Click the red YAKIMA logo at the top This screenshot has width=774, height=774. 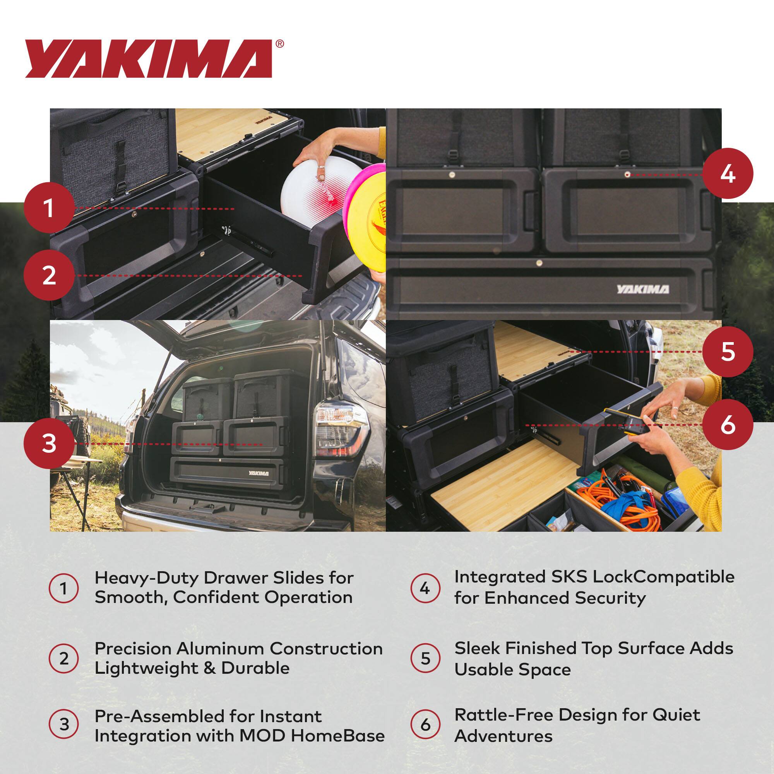[148, 58]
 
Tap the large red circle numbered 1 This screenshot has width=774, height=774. [49, 208]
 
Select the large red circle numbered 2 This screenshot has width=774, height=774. [49, 276]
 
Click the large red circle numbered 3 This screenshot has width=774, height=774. [49, 444]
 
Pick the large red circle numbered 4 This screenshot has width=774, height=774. [728, 174]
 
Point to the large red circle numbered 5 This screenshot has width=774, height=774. [728, 352]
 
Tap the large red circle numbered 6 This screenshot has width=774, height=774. [728, 425]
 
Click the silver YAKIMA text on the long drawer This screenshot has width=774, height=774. [642, 289]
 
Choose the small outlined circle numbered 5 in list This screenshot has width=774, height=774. [425, 658]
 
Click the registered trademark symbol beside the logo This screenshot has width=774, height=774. [280, 44]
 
